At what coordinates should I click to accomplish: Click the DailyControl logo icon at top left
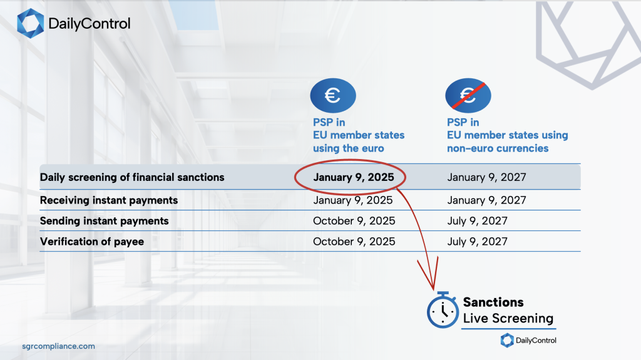coord(30,23)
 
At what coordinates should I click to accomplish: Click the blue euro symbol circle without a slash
coord(333,95)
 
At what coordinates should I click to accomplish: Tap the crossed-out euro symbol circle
coord(468,95)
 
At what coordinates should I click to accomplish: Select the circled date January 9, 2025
coord(354,177)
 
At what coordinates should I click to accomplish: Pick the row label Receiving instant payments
coord(109,200)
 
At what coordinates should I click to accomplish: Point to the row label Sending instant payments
coord(105,221)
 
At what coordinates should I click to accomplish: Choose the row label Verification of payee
coord(92,242)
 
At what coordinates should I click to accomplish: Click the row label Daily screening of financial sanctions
coord(132,177)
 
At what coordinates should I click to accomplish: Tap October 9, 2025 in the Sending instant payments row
coord(354,221)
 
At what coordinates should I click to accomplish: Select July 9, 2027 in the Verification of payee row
coord(477,242)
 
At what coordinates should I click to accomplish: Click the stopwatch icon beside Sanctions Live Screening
coord(443,310)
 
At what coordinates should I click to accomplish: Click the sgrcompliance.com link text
coord(58,346)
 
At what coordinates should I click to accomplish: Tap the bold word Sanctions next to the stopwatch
coord(493,302)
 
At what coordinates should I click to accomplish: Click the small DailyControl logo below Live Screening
coord(528,341)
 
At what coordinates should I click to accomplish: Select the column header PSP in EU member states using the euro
coord(359,135)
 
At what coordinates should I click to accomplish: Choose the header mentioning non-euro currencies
coord(507,135)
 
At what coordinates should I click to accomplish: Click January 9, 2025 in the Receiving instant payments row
coord(353,200)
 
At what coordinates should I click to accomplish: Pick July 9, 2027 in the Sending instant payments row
coord(477,221)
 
